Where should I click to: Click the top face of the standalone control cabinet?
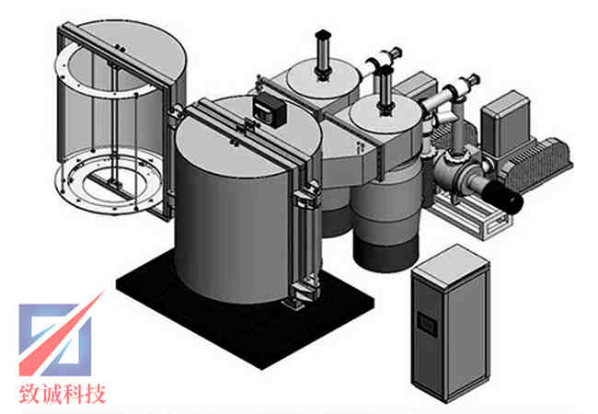[x=451, y=265]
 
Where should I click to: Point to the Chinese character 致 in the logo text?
[x=29, y=394]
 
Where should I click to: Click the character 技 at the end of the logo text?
[x=95, y=394]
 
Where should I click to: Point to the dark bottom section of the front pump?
[x=385, y=255]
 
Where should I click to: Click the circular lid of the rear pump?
[x=324, y=79]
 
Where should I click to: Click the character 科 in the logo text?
[x=74, y=394]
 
